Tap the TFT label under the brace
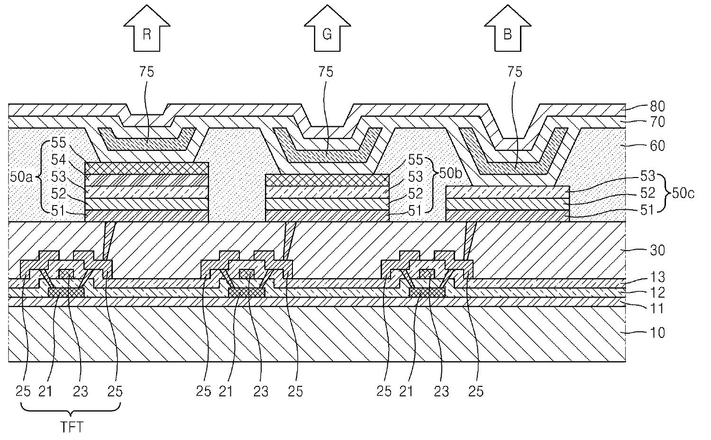point(72,427)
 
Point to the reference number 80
point(657,106)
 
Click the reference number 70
point(657,122)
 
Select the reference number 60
point(657,146)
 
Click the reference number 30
point(657,250)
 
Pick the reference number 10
point(657,332)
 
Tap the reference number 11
point(657,309)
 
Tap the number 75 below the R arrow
point(146,72)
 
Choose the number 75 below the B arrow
point(515,72)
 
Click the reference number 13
point(657,277)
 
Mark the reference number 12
point(657,292)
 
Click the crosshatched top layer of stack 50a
point(146,168)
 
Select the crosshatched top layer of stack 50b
point(327,180)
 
